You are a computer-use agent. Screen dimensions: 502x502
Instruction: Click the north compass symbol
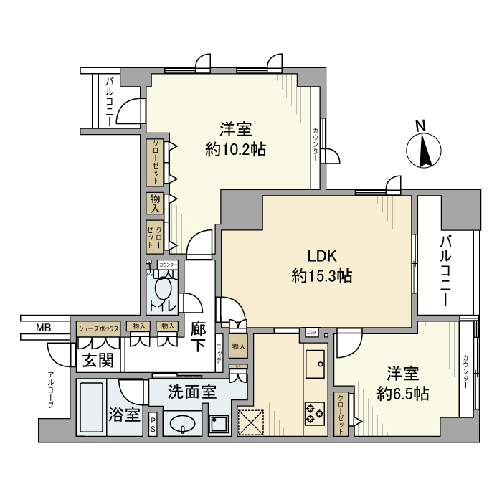point(421,151)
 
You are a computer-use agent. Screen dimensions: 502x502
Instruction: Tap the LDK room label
point(322,257)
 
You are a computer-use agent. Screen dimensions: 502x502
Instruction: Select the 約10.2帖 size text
point(236,150)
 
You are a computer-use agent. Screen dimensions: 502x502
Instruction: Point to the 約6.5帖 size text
point(403,393)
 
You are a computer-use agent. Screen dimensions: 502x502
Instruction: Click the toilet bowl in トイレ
point(164,290)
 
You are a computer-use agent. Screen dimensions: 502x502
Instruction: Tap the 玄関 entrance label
point(96,360)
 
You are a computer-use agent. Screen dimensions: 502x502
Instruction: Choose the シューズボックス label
point(98,328)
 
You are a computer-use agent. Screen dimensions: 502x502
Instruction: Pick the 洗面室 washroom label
point(191,392)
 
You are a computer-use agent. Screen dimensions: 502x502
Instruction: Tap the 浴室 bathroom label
point(124,415)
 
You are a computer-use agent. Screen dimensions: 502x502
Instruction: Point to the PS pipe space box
point(154,425)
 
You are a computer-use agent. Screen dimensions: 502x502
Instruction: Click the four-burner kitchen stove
point(314,412)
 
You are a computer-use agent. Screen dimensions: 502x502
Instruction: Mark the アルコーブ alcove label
point(51,391)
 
